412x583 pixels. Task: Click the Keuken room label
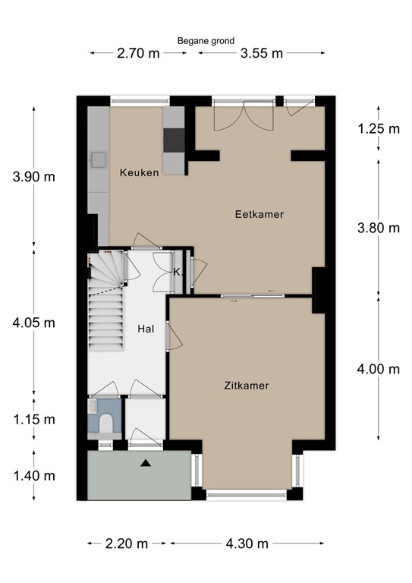pyautogui.click(x=140, y=172)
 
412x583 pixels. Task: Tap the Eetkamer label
pyautogui.click(x=259, y=214)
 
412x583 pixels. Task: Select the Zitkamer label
pyautogui.click(x=247, y=386)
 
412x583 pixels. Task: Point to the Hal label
pyautogui.click(x=146, y=329)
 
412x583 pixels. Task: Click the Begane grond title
pyautogui.click(x=206, y=41)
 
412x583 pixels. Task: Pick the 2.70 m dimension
pyautogui.click(x=138, y=53)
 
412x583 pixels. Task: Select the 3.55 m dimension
pyautogui.click(x=262, y=53)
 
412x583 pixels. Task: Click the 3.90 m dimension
pyautogui.click(x=34, y=177)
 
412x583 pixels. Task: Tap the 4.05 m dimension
pyautogui.click(x=34, y=323)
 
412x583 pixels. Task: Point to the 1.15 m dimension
pyautogui.click(x=34, y=419)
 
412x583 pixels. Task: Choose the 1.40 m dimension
pyautogui.click(x=34, y=475)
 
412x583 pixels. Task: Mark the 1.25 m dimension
pyautogui.click(x=379, y=128)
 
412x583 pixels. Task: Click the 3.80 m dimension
pyautogui.click(x=379, y=228)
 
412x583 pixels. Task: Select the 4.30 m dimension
pyautogui.click(x=247, y=544)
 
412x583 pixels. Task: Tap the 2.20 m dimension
pyautogui.click(x=127, y=544)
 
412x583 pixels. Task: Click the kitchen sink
pyautogui.click(x=98, y=160)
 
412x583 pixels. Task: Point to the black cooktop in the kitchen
pyautogui.click(x=174, y=140)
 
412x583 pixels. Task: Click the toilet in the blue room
pyautogui.click(x=106, y=424)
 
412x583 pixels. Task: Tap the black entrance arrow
pyautogui.click(x=146, y=463)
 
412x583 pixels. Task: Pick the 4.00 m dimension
pyautogui.click(x=379, y=369)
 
